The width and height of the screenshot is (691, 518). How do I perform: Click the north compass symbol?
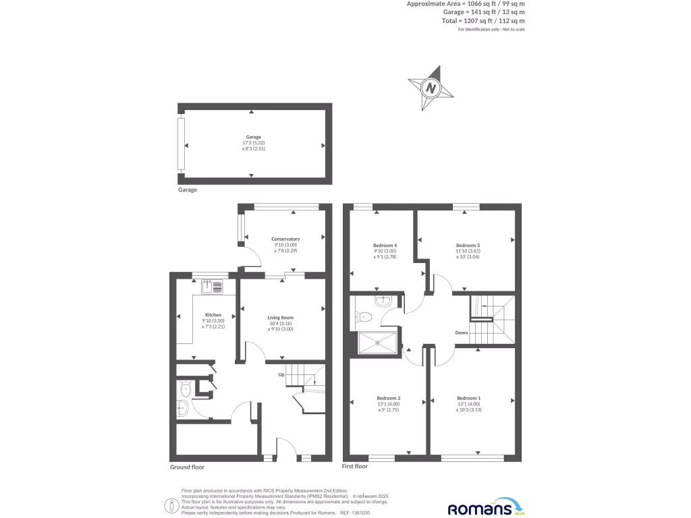[x=431, y=88]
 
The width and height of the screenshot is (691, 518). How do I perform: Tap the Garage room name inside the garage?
[x=253, y=137]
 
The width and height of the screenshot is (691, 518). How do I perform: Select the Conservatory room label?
[x=285, y=239]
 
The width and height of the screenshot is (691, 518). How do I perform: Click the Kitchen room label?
[x=213, y=315]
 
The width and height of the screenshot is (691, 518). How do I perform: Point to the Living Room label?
[x=281, y=318]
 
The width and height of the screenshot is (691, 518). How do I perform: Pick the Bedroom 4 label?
[x=385, y=246]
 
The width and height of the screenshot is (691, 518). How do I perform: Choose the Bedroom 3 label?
[x=468, y=246]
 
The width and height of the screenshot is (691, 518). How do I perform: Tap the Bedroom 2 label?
[x=389, y=398]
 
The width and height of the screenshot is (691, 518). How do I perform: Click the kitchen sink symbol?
[x=213, y=286]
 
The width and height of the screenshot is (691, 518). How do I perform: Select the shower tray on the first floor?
[x=377, y=343]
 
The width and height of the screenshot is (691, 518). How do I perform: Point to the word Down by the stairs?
[x=462, y=333]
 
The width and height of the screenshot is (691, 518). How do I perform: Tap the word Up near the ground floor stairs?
[x=281, y=374]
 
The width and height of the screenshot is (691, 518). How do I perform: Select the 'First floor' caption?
[x=356, y=466]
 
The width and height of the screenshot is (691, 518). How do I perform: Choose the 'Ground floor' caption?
[x=187, y=467]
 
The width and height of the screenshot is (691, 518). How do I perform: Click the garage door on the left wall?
[x=180, y=144]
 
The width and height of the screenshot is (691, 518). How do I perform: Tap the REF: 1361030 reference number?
[x=356, y=513]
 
